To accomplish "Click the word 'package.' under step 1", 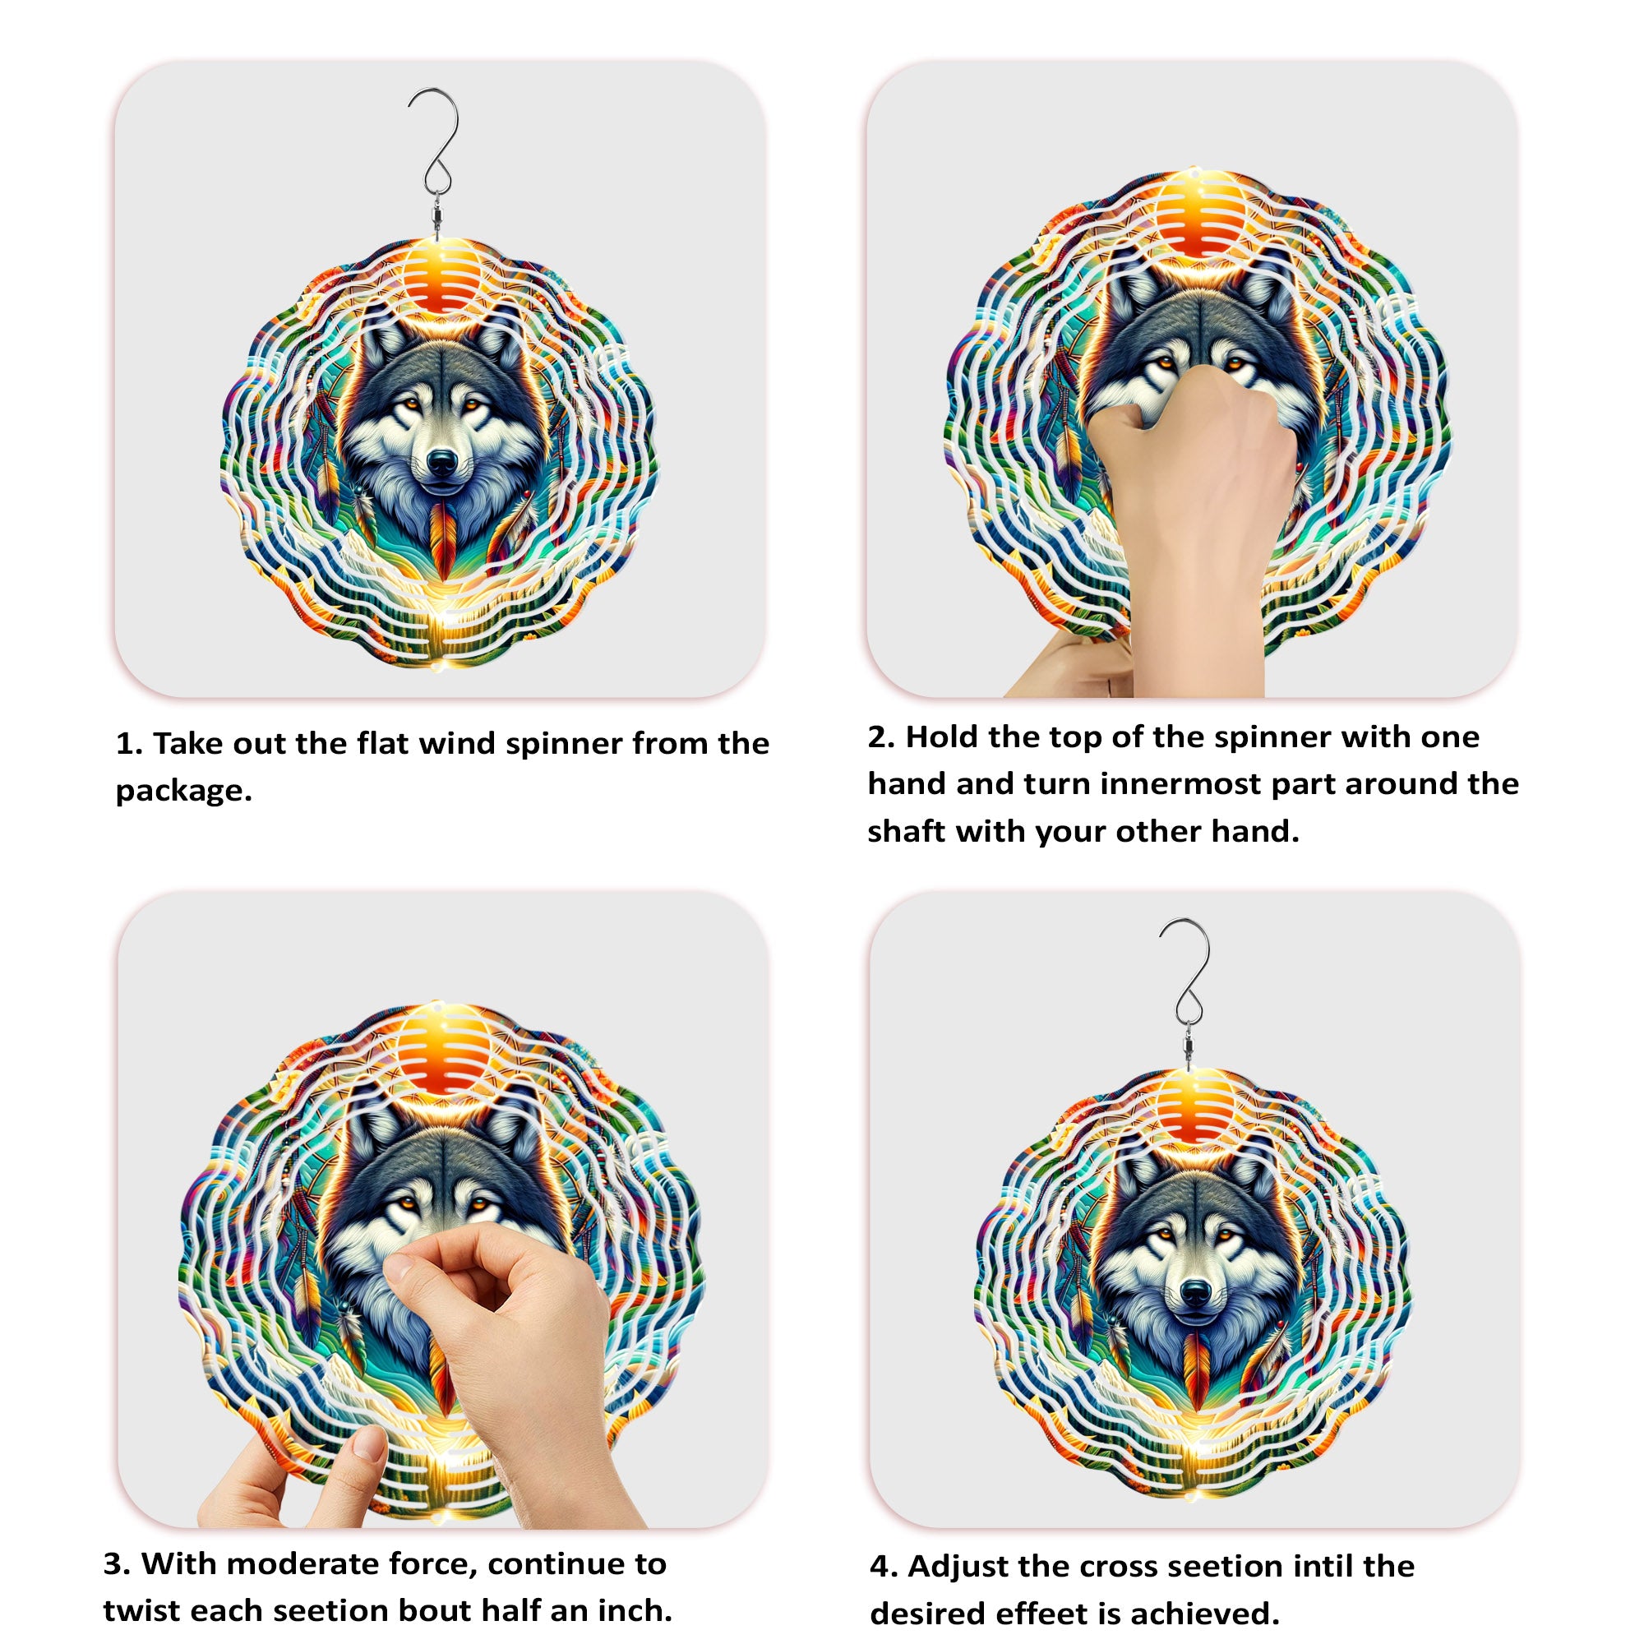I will pos(184,791).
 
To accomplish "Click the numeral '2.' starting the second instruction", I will pos(880,737).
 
